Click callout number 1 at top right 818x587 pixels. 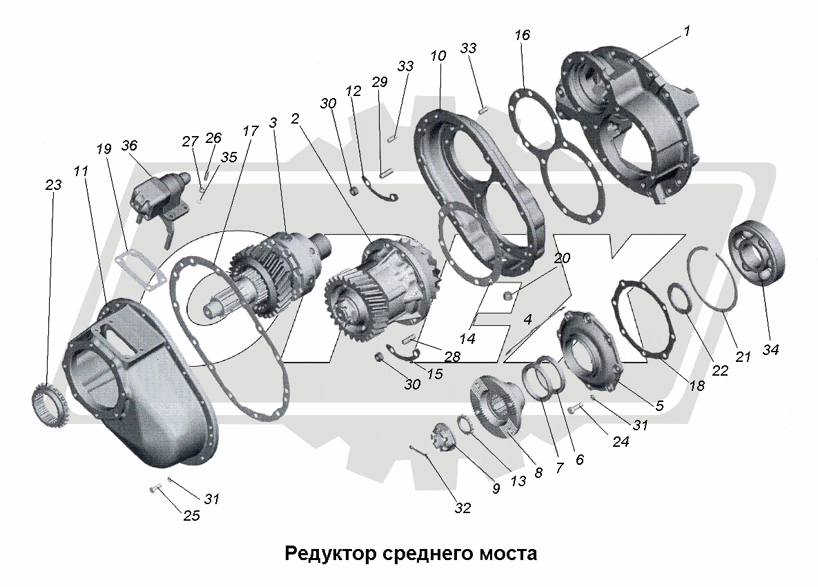point(687,31)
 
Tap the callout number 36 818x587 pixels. point(130,146)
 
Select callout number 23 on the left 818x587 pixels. point(53,185)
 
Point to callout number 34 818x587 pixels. point(770,350)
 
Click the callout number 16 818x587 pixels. point(523,35)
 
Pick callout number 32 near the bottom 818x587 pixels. point(462,508)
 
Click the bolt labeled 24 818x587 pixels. point(573,410)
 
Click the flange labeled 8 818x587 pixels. point(496,406)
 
